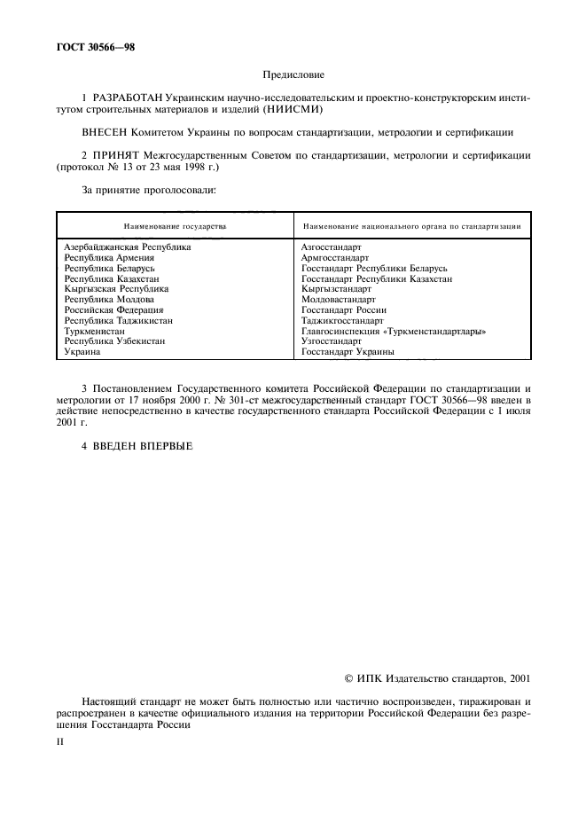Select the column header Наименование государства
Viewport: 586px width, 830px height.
175,226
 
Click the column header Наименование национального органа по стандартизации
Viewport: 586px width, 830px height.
411,226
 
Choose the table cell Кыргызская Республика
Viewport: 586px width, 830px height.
116,289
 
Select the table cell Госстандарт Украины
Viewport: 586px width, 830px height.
348,352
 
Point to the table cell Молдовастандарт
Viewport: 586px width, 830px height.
338,300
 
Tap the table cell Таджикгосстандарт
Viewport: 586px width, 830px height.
340,320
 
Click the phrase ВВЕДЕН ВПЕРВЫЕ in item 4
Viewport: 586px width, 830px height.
143,444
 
